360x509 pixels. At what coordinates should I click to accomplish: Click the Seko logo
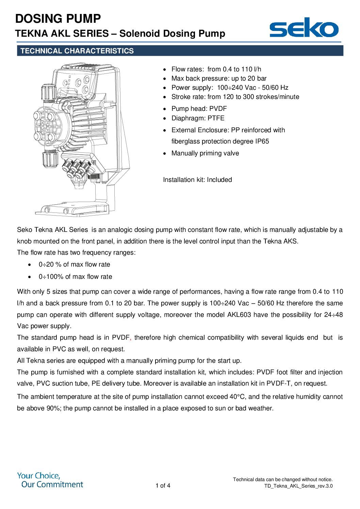pyautogui.click(x=304, y=28)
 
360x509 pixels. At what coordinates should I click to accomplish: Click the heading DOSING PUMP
pyautogui.click(x=58, y=18)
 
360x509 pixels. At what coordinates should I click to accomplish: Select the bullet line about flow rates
pyautogui.click(x=216, y=69)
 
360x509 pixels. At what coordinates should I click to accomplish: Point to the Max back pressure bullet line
pyautogui.click(x=219, y=79)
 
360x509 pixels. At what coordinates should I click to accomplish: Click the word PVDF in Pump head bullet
pyautogui.click(x=218, y=109)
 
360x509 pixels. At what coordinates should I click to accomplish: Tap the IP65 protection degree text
pyautogui.click(x=262, y=141)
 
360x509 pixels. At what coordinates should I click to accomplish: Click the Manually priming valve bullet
pyautogui.click(x=205, y=153)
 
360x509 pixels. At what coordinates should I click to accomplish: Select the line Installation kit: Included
pyautogui.click(x=197, y=180)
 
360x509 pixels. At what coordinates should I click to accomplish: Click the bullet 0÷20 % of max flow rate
pyautogui.click(x=74, y=265)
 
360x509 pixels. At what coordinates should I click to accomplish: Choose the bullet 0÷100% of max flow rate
pyautogui.click(x=75, y=277)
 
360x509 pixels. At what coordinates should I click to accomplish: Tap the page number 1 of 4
pyautogui.click(x=163, y=486)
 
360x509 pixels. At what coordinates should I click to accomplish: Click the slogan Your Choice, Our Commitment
pyautogui.click(x=50, y=480)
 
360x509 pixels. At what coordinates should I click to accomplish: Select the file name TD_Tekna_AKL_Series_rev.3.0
pyautogui.click(x=298, y=486)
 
